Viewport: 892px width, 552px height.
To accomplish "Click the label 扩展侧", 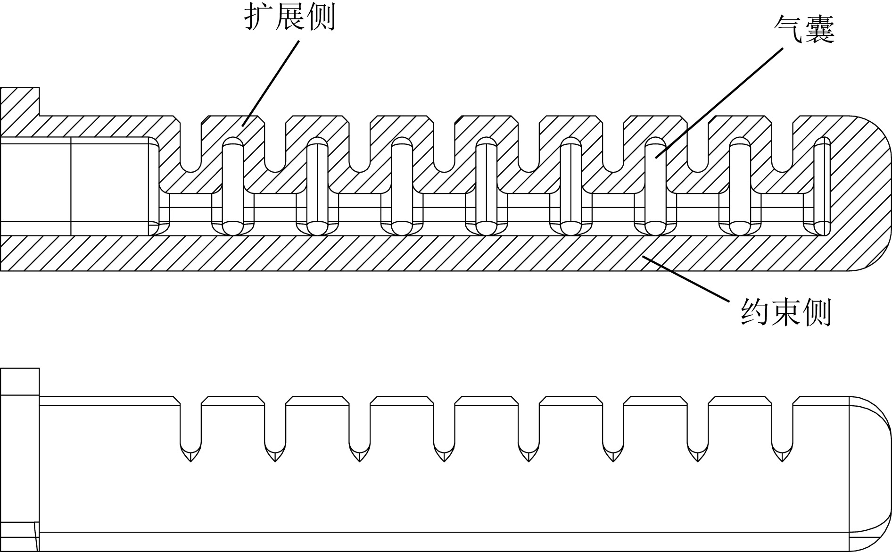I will point(289,18).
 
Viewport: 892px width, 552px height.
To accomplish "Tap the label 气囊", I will point(804,30).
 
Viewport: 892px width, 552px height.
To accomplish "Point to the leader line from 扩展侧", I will point(272,83).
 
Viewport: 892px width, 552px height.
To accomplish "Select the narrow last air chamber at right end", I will point(822,186).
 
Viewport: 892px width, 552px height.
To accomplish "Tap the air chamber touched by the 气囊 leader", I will point(654,186).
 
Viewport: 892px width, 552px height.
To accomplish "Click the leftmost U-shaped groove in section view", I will point(190,146).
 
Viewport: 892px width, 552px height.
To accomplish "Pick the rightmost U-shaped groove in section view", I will point(782,146).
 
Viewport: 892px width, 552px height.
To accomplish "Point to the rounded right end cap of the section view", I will point(867,193).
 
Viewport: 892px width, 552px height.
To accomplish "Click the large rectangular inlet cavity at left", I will point(75,186).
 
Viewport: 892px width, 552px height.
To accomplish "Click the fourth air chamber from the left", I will point(486,186).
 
